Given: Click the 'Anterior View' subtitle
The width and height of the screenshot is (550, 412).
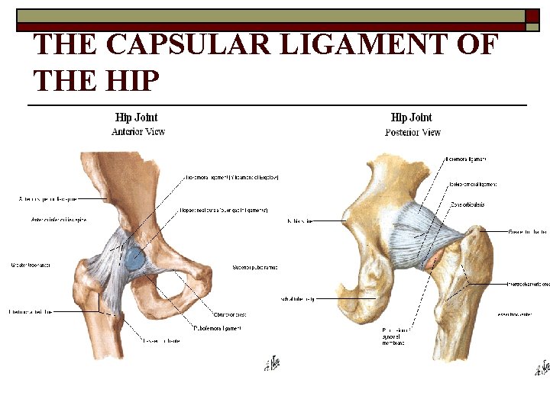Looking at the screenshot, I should point(138,131).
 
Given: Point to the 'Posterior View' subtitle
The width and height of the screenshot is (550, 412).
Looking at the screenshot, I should point(412,132).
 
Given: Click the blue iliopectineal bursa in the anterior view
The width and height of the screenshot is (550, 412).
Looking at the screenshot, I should point(134,258).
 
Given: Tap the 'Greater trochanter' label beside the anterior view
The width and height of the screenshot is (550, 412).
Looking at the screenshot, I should point(31,265).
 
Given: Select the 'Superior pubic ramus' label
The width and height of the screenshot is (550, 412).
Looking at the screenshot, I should point(254,268).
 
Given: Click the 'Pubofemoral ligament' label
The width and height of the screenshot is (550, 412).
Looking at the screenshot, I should point(217,328).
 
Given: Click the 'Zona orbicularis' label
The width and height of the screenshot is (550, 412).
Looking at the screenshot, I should point(467,204).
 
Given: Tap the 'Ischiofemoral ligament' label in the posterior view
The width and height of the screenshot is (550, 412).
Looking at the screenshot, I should point(471,184).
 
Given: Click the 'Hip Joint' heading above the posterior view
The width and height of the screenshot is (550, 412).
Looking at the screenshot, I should point(411,117).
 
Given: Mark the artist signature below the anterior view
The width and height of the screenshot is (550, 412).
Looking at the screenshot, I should point(273,362).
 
